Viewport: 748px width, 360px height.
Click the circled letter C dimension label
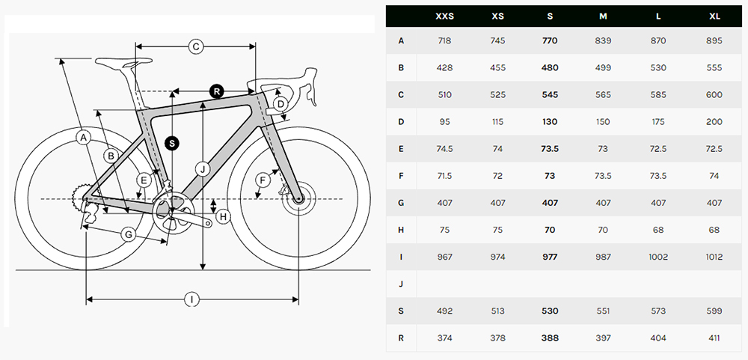click(x=195, y=46)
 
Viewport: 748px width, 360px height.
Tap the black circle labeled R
click(x=217, y=91)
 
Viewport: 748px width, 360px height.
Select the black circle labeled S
click(x=172, y=143)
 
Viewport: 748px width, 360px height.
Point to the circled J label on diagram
click(x=202, y=168)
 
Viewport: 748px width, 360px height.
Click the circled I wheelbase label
click(x=191, y=299)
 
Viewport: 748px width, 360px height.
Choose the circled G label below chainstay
click(x=129, y=234)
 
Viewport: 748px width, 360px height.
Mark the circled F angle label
click(x=263, y=180)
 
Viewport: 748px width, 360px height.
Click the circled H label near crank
click(x=223, y=217)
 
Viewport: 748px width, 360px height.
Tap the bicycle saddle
click(x=123, y=63)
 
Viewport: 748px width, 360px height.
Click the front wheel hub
click(x=298, y=199)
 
